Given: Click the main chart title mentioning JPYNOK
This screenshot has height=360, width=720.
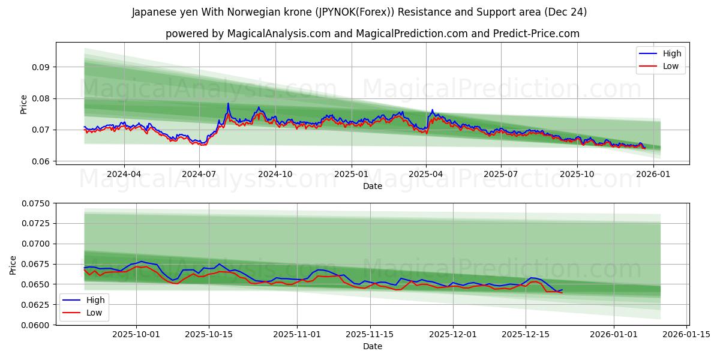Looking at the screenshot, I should pos(359,12).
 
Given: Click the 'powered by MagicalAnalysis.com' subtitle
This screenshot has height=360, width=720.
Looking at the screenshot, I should pos(373,34).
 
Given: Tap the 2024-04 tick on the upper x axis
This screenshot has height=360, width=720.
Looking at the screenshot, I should pos(124,175).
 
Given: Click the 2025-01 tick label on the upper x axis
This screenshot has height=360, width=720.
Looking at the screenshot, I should pos(351,175).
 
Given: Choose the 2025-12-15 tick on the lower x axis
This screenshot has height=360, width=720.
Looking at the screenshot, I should pos(526,335).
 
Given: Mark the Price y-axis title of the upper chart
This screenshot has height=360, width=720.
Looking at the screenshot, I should pos(24,104).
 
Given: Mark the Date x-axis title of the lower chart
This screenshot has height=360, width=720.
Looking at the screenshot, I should pos(373,346).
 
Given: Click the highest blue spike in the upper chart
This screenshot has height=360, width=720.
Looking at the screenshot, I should pos(228,104).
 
